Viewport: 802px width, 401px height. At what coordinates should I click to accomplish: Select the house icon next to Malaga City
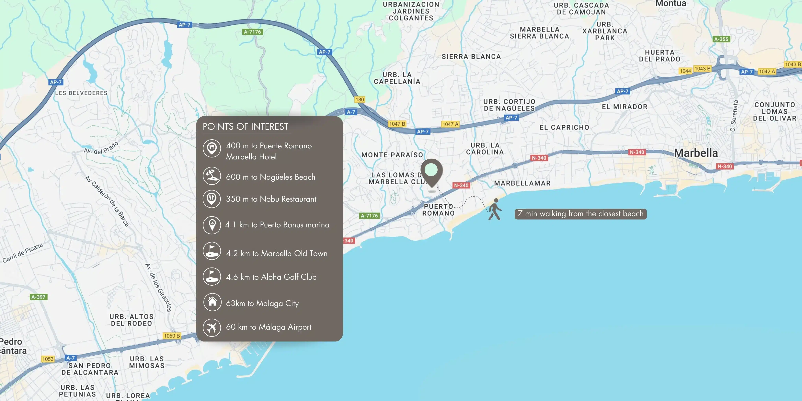[212, 302]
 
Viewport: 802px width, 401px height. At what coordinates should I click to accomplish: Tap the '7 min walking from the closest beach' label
[580, 214]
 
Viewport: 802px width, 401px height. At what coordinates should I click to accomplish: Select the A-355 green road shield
[721, 39]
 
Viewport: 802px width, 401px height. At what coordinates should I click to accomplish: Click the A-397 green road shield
[39, 297]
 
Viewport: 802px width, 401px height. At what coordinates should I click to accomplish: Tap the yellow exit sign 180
[360, 100]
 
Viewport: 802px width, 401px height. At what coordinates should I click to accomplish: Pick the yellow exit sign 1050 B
[172, 336]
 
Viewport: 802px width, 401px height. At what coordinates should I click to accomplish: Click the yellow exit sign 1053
[48, 359]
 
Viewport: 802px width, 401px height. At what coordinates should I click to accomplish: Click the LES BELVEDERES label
[81, 93]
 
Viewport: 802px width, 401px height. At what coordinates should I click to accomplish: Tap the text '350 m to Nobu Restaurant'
[271, 199]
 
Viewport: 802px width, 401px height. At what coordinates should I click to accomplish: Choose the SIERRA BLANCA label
[471, 57]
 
